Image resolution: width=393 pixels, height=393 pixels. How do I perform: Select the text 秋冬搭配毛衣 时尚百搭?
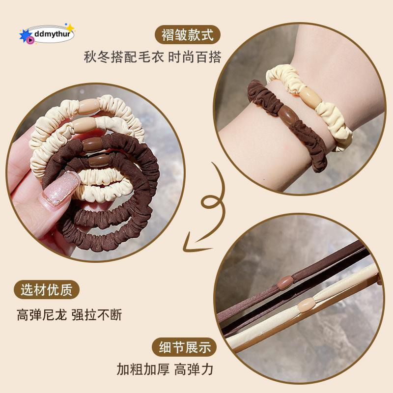click(x=153, y=57)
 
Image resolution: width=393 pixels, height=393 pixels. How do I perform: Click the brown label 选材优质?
click(x=47, y=289)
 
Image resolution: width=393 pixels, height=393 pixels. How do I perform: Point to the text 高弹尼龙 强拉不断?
click(x=69, y=314)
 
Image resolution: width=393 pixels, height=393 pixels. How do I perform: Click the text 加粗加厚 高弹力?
click(x=165, y=369)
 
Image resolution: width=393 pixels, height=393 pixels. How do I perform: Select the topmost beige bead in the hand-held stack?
click(x=88, y=105)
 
